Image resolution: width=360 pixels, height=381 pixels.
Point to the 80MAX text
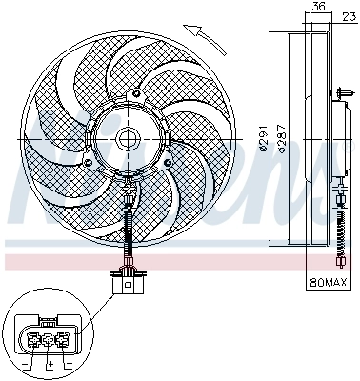point(328,283)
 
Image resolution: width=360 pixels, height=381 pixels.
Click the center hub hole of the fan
point(129,137)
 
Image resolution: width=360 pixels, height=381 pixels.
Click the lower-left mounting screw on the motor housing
point(89,162)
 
